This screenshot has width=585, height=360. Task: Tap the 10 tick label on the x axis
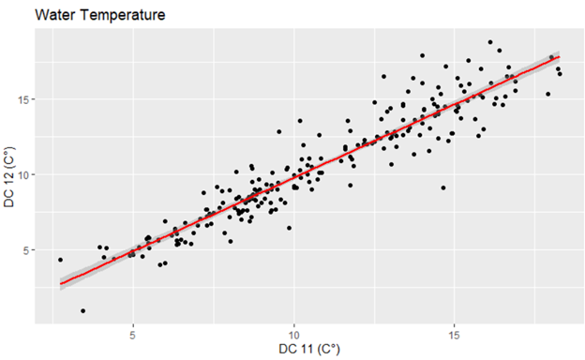click(293, 334)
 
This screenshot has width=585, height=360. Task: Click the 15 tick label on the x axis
click(455, 334)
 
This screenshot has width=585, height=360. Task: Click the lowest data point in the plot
click(83, 310)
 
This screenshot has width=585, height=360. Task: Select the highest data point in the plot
click(489, 42)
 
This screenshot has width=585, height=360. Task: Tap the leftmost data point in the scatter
click(60, 260)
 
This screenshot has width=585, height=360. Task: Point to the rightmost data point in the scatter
click(560, 73)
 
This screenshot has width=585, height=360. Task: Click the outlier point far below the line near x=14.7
click(443, 187)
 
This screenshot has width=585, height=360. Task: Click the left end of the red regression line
click(61, 283)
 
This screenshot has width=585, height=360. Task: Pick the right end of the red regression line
click(560, 56)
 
